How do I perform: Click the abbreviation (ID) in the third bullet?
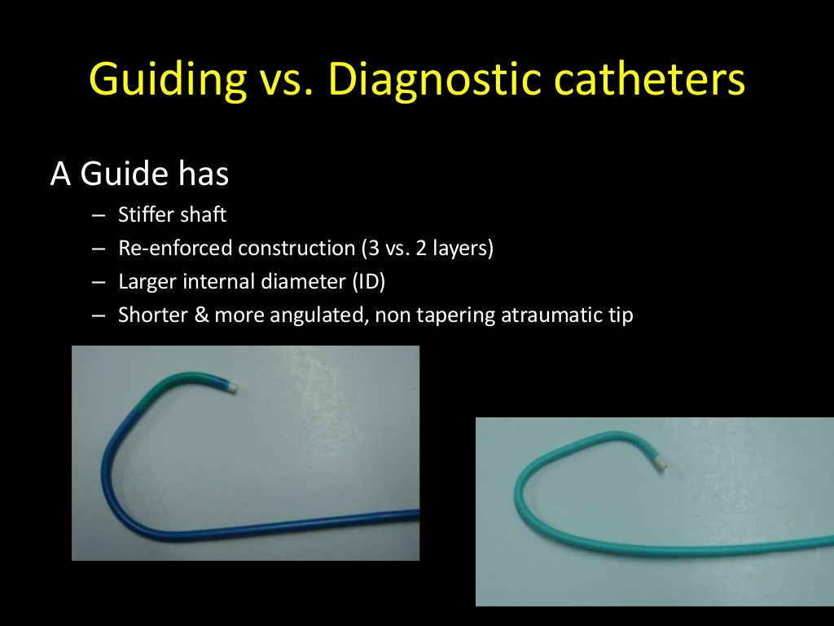[368, 281]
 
